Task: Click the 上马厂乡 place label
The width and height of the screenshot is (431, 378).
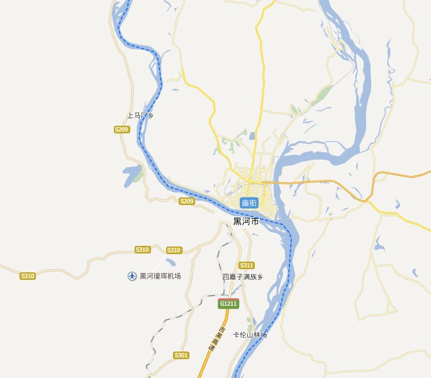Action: [140, 116]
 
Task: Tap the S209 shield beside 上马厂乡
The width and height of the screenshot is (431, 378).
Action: [121, 129]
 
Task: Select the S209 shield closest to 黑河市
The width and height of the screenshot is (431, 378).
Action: [186, 201]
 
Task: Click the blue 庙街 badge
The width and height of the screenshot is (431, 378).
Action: [249, 203]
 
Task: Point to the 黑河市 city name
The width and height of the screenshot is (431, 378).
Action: [246, 221]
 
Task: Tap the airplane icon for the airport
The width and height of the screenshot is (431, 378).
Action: [132, 276]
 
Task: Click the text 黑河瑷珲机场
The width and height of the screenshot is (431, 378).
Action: [160, 276]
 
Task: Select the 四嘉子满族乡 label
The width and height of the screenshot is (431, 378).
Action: [242, 277]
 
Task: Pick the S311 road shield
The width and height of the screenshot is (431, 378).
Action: [247, 265]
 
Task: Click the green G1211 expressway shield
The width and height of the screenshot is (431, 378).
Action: [228, 304]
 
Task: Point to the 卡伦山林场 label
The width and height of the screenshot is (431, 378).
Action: [250, 335]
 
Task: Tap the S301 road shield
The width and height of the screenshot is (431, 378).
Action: [181, 355]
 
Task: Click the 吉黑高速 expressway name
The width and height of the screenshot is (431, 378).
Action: [217, 339]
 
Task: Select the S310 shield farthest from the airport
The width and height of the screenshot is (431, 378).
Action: [27, 276]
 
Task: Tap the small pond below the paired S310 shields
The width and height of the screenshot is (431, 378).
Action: [170, 260]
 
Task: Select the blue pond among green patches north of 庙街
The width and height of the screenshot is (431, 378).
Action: [252, 135]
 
